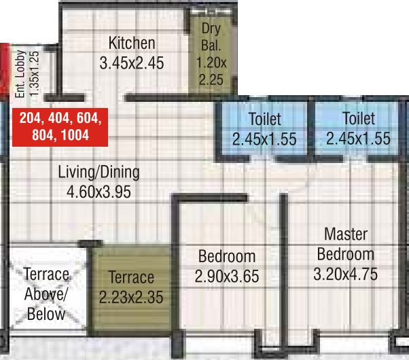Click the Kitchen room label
tap(132, 43)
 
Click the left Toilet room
tap(264, 129)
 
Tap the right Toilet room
tap(358, 129)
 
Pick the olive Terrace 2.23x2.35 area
tap(131, 287)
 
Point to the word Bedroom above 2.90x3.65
tap(227, 257)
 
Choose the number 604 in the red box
tap(88, 118)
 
